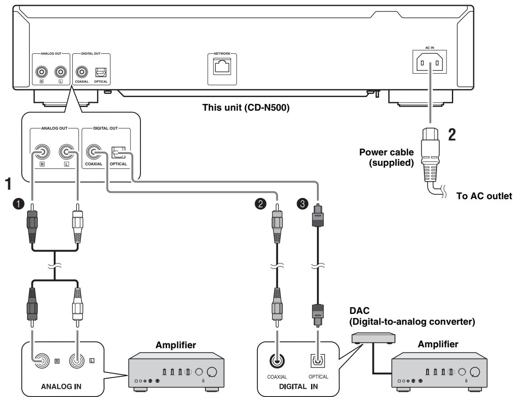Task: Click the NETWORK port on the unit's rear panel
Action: [x=223, y=66]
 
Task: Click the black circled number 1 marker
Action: [x=19, y=204]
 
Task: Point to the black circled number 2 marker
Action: [x=260, y=204]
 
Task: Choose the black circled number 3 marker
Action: [x=302, y=204]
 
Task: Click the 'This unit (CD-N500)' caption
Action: [x=246, y=107]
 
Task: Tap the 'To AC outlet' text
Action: [x=484, y=196]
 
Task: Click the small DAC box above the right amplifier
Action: [x=373, y=338]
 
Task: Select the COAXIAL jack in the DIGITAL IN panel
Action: [x=277, y=361]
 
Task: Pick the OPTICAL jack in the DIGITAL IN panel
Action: [x=318, y=361]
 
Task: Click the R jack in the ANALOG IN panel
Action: [x=42, y=361]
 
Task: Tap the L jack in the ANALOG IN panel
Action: [x=77, y=361]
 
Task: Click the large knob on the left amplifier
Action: [x=212, y=372]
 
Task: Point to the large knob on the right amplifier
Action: [x=475, y=372]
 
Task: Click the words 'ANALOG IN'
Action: [x=61, y=387]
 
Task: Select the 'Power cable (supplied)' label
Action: [x=386, y=157]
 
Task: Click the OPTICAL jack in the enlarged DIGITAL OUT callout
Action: [x=118, y=152]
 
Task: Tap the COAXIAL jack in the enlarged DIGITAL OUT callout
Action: [x=94, y=152]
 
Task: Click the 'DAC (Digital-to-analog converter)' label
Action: [x=412, y=316]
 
